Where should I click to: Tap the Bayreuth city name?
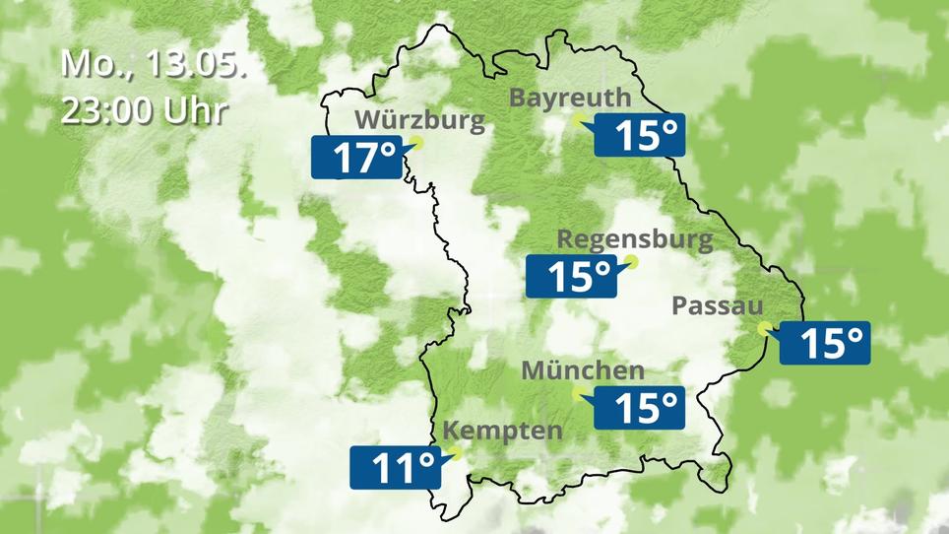[x=570, y=98]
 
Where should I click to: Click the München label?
[x=583, y=371]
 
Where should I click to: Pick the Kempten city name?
[x=503, y=431]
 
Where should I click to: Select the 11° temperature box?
[x=394, y=468]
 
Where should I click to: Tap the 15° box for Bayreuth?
[x=638, y=136]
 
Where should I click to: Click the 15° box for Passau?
[x=825, y=343]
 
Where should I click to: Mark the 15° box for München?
[x=638, y=406]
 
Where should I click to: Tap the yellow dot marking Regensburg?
[x=631, y=262]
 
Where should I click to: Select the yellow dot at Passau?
[x=765, y=329]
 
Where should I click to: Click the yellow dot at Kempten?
[x=454, y=452]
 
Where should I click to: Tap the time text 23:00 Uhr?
[x=144, y=109]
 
